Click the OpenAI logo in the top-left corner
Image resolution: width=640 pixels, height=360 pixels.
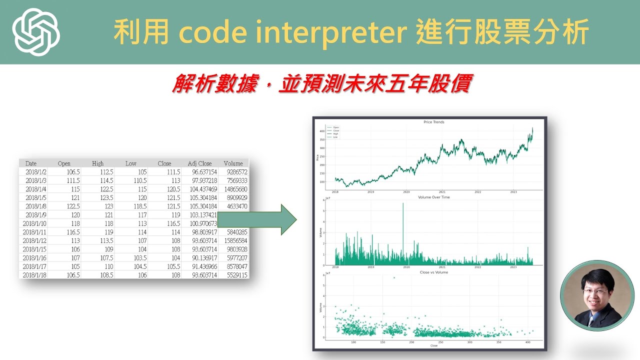click(36, 32)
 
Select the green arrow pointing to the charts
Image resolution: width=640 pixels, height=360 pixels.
click(257, 219)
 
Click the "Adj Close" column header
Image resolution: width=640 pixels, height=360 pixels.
click(199, 163)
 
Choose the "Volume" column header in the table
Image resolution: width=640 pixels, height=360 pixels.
click(233, 163)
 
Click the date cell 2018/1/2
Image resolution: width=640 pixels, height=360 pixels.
click(35, 171)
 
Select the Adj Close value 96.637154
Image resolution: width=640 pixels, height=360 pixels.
click(202, 171)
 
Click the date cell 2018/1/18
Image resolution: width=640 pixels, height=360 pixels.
click(34, 275)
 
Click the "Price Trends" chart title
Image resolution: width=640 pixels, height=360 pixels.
click(433, 122)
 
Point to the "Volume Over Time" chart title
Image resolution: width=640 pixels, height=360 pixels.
click(433, 197)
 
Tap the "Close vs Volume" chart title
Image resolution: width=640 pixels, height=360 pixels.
click(433, 272)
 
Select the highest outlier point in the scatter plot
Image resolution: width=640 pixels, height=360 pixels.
click(394, 277)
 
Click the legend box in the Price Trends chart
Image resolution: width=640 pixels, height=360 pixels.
click(333, 132)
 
